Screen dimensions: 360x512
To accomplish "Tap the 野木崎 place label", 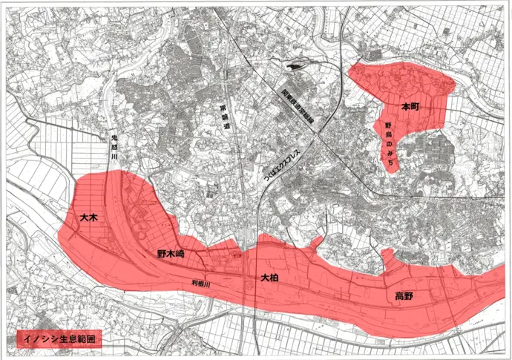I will (170, 254).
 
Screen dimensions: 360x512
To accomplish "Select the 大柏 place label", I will (269, 277).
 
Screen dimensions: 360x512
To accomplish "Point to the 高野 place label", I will (404, 297).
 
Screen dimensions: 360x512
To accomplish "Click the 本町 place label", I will (410, 107).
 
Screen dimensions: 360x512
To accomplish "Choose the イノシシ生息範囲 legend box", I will (58, 338).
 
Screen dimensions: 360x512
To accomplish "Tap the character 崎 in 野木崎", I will (180, 254).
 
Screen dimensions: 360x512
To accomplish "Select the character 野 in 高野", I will (409, 297).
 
